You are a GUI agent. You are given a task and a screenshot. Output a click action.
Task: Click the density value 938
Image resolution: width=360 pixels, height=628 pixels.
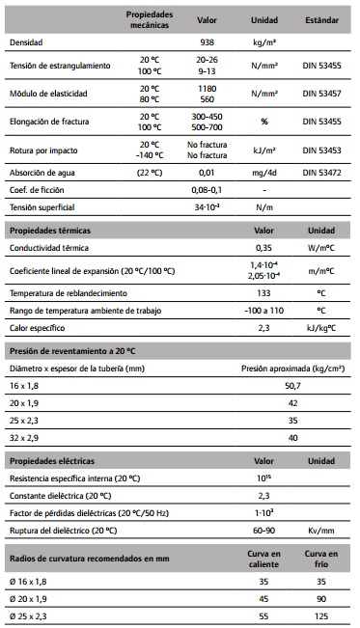point(207,43)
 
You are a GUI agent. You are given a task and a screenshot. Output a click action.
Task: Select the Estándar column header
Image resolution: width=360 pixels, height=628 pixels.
point(321,18)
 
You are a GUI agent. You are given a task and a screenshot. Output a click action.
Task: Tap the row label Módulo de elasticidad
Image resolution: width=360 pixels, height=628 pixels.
point(49,94)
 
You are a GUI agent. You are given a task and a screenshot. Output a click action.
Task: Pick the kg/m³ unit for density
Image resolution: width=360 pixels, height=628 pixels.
point(264,43)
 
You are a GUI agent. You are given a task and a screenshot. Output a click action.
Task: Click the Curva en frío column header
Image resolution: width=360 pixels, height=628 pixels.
point(321,559)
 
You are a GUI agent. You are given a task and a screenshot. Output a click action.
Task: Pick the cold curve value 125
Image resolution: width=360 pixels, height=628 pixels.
point(321,614)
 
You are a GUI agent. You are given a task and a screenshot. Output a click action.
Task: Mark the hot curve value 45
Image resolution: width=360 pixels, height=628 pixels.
point(264,598)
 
